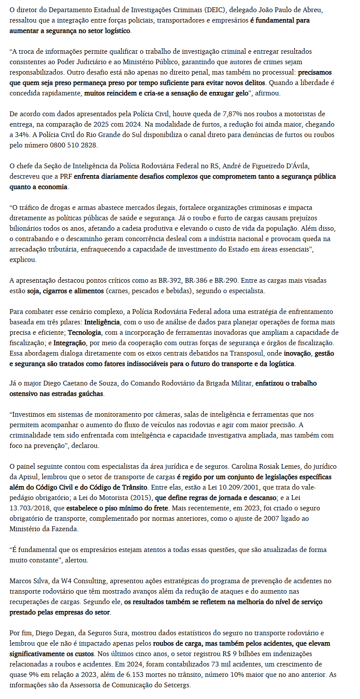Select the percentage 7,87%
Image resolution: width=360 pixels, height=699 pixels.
coord(233,114)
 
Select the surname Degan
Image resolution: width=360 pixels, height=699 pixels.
coord(55,633)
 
